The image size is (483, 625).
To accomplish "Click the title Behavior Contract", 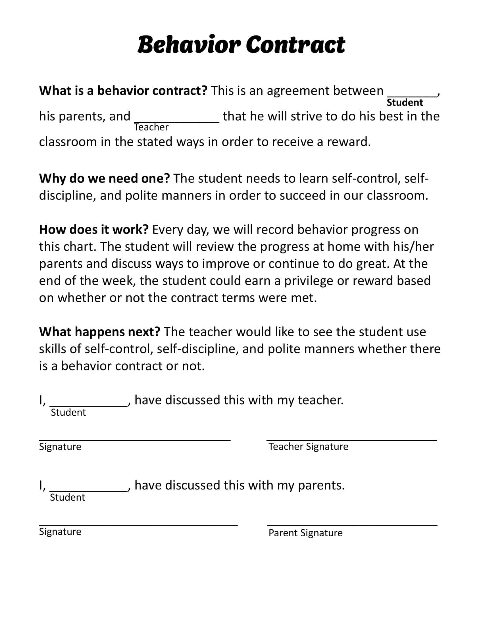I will click(x=241, y=45).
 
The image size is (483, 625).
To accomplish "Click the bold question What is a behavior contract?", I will click(x=123, y=91).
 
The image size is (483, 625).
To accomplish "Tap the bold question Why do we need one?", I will click(x=105, y=179).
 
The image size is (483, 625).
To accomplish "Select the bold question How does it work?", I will click(x=93, y=230).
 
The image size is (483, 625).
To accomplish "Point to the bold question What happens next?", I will click(x=99, y=332).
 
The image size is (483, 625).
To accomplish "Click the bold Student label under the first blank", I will click(x=405, y=103).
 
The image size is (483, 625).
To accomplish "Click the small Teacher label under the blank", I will click(x=151, y=127).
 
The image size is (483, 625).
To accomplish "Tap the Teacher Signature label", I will click(x=308, y=446).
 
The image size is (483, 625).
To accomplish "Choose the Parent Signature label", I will click(x=305, y=533).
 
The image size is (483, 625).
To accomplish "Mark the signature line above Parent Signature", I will click(x=352, y=525).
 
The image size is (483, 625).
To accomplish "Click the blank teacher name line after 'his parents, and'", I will click(x=176, y=122).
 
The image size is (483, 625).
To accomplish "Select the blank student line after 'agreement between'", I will click(x=412, y=96).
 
